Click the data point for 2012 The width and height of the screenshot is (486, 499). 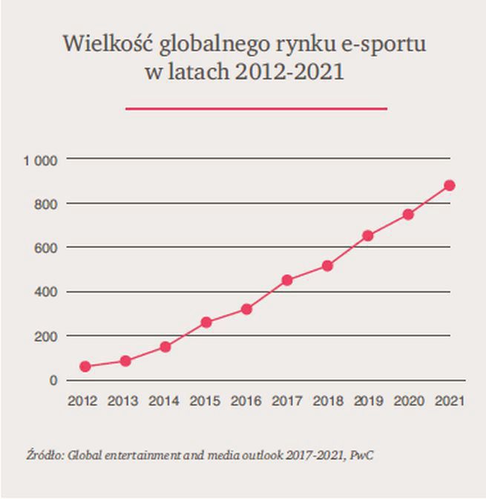(85, 366)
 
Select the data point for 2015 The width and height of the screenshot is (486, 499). (206, 322)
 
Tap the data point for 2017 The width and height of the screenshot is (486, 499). (287, 280)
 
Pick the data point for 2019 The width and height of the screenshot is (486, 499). (368, 235)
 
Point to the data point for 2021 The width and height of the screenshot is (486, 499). (449, 186)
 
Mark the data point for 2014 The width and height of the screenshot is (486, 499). (165, 346)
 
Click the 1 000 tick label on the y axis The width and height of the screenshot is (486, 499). (40, 160)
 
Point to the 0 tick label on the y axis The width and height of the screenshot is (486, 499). (53, 380)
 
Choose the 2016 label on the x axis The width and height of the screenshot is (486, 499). (247, 402)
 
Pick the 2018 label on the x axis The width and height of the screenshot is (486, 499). (328, 402)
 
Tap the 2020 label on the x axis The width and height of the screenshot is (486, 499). (409, 402)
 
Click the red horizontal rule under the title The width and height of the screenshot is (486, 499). (257, 109)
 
